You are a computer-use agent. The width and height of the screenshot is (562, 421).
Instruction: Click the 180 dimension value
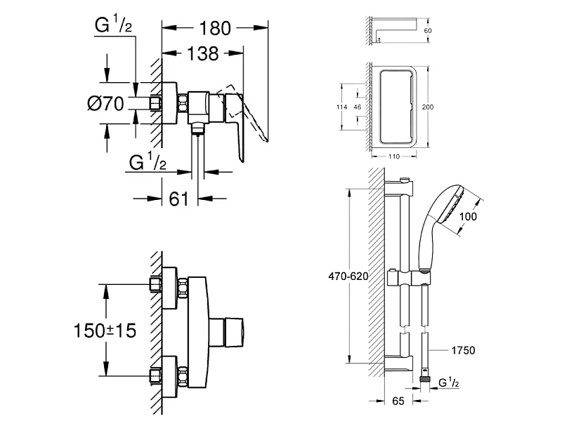[215, 28]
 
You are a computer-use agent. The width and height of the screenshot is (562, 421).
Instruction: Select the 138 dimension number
[202, 54]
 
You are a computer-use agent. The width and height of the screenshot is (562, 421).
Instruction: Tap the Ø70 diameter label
[106, 104]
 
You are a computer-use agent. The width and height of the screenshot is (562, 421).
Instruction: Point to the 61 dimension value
[179, 199]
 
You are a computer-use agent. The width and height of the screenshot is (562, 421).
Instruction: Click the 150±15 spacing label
[105, 330]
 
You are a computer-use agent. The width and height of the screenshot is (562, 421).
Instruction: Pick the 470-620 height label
[348, 276]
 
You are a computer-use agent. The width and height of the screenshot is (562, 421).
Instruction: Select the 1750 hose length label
[463, 350]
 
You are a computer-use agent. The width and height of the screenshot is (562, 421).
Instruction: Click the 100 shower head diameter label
[468, 216]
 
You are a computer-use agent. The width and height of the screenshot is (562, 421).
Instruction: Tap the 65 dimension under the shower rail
[398, 401]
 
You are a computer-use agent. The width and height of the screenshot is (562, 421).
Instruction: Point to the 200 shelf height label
[428, 107]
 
